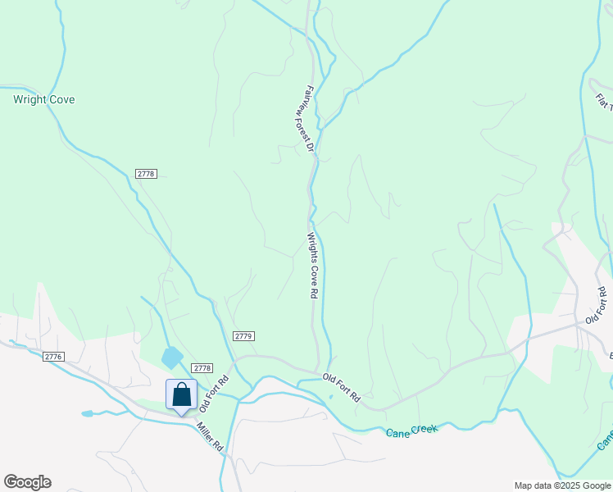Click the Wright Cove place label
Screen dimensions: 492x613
pos(43,100)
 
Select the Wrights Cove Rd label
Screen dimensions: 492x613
pos(312,266)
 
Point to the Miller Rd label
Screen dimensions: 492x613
pos(209,436)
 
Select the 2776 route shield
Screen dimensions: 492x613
pos(54,356)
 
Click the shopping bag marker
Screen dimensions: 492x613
pos(181,395)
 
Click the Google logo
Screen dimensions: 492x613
pos(27,482)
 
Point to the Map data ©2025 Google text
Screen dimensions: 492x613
pos(562,485)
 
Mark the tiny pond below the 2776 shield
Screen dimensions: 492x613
pos(88,414)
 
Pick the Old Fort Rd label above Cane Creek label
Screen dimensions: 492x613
pos(341,387)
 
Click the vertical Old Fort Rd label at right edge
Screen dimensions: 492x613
pos(596,305)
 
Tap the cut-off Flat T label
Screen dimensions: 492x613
pos(604,103)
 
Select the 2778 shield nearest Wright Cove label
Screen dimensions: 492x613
pos(146,174)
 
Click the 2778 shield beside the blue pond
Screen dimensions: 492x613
pos(202,369)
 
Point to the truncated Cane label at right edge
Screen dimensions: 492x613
pos(605,441)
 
